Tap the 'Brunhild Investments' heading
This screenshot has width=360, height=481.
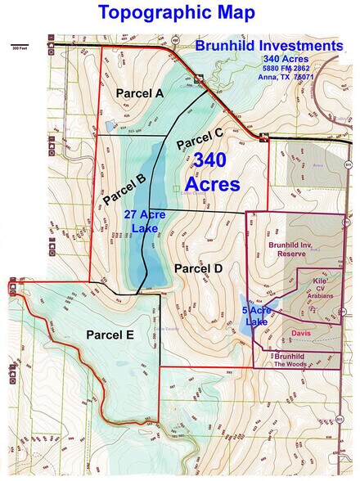point(269,46)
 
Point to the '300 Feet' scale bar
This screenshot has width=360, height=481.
point(20,45)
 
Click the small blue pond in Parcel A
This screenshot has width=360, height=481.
point(110,127)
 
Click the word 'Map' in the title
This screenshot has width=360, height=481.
point(228,13)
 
